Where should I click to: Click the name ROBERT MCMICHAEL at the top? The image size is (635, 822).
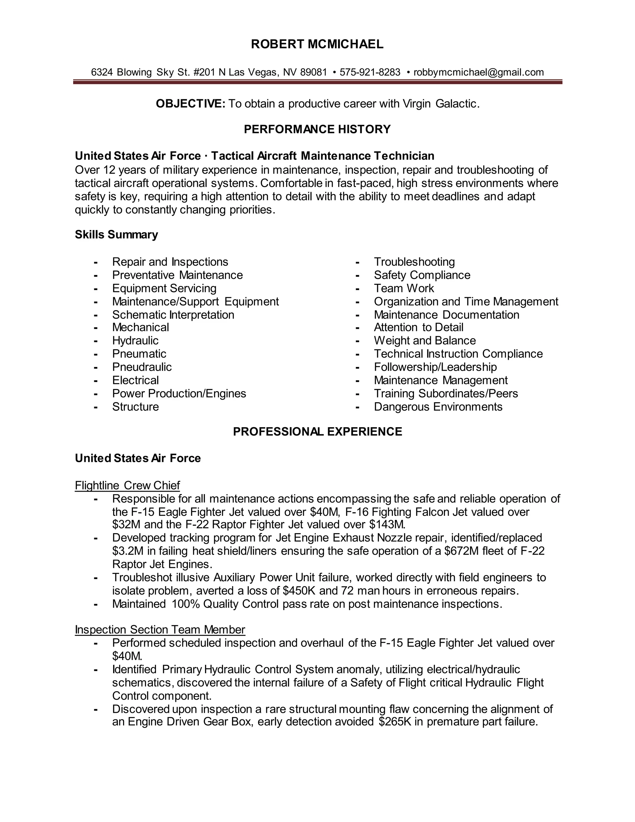click(317, 44)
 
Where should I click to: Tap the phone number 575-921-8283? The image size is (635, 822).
click(370, 72)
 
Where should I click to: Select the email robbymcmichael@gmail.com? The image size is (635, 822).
click(478, 72)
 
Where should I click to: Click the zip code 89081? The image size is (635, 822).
click(314, 72)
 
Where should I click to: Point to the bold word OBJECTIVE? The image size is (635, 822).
click(190, 104)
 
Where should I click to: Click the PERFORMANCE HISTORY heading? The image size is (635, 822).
click(317, 129)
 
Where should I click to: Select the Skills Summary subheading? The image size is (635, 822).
click(116, 235)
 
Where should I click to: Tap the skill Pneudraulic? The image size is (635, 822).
click(142, 367)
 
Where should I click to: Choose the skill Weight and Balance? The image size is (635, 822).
click(425, 341)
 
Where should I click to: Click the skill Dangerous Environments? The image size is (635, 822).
click(438, 407)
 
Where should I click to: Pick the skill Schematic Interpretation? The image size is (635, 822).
click(173, 315)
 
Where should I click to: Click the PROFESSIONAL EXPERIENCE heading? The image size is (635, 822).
click(317, 431)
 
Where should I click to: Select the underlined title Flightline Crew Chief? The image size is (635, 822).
click(127, 485)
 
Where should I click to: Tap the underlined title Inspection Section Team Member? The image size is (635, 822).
click(160, 630)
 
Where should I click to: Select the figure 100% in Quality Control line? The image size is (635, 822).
click(186, 604)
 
